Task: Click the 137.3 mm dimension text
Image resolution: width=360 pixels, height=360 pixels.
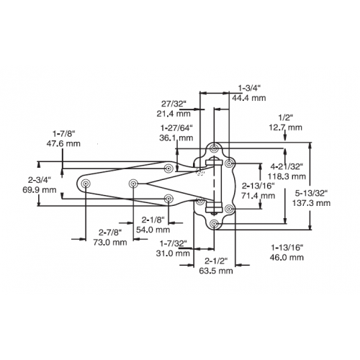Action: [311, 203]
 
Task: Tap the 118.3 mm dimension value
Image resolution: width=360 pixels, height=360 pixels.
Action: [287, 176]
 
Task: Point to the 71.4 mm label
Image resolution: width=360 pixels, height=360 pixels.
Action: [258, 196]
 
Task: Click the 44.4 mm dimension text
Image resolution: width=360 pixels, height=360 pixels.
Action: [249, 98]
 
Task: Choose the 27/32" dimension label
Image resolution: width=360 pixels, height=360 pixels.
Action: [174, 104]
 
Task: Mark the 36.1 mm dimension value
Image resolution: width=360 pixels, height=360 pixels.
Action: [176, 138]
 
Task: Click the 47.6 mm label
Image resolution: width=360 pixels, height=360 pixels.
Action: [63, 143]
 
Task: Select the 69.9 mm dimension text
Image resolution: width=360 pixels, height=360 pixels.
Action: [40, 190]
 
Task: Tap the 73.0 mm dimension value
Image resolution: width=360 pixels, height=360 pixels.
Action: [110, 242]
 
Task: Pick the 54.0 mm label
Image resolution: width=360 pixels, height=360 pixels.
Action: [153, 230]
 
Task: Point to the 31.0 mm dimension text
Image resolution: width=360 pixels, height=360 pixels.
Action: [173, 253]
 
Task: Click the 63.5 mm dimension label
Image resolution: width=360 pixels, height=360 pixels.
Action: [216, 271]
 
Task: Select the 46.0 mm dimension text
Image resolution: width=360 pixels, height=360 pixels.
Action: [287, 258]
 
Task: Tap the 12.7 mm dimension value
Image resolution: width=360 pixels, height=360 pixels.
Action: [285, 127]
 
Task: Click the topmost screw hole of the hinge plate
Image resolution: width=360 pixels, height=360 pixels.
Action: [214, 148]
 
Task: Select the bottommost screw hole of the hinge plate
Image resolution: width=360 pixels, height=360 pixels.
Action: [214, 224]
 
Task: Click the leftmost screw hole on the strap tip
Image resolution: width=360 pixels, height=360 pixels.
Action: [86, 184]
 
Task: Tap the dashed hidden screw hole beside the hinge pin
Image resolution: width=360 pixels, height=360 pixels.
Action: [200, 172]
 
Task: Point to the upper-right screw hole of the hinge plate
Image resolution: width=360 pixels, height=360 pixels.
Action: [229, 163]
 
